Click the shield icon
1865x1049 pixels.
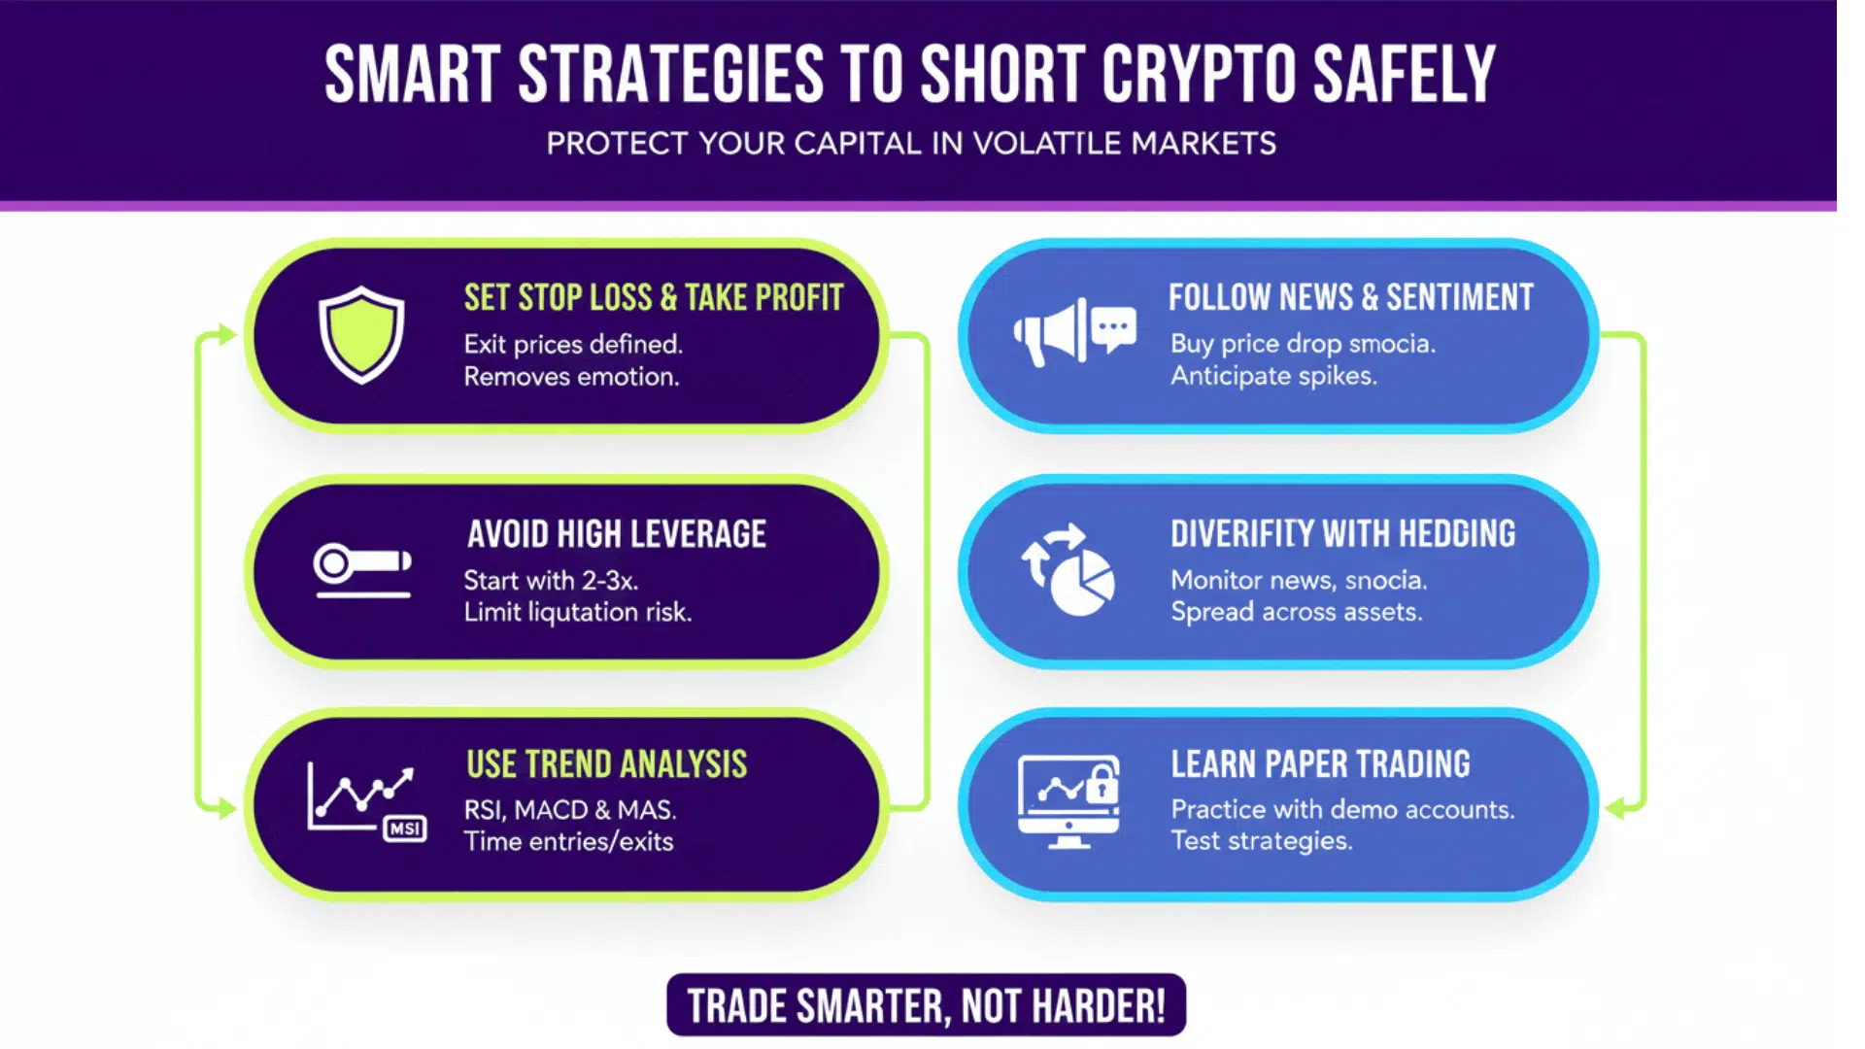coord(361,334)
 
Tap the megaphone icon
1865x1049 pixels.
coord(1049,334)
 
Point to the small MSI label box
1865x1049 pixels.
coord(405,829)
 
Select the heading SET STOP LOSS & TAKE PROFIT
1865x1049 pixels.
coord(653,297)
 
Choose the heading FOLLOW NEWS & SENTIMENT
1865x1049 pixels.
coord(1350,297)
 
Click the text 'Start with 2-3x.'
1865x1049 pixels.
coord(551,581)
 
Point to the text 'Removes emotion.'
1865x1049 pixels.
coord(571,377)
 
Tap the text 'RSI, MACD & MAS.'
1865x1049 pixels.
coord(570,810)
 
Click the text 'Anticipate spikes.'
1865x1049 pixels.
coord(1273,376)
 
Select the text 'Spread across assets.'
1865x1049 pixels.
coord(1296,612)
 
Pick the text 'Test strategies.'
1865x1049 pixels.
coord(1261,841)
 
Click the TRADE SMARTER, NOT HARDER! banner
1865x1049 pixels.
coord(926,1005)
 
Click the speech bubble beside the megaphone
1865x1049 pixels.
coord(1113,328)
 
